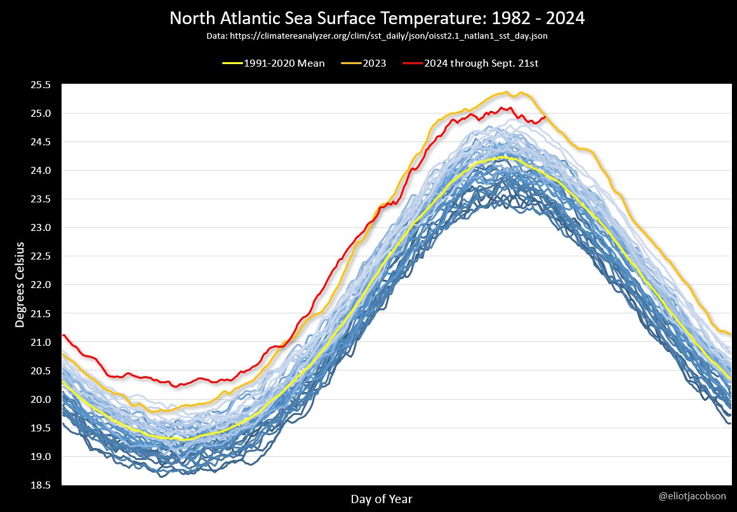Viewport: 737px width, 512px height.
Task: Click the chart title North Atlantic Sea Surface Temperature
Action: tap(376, 19)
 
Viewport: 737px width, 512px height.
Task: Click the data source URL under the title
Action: tap(376, 37)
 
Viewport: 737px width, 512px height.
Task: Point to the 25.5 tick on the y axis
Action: tap(39, 84)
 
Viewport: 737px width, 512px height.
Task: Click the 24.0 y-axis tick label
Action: tap(39, 171)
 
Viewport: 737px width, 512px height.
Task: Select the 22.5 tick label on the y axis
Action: tap(39, 256)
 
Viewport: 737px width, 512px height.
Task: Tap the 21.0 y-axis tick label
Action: tap(39, 343)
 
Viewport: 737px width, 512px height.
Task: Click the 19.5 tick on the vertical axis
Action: tap(39, 428)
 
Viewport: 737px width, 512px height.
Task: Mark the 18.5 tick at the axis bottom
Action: tap(39, 485)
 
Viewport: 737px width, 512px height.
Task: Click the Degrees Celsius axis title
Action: tap(20, 284)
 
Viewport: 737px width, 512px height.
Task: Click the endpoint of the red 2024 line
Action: tap(545, 117)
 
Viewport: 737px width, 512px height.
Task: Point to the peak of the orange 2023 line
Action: tap(507, 92)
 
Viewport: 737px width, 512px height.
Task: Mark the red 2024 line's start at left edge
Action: tap(63, 335)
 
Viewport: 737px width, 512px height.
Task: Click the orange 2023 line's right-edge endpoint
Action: tap(731, 334)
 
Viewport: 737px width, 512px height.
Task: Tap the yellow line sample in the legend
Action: tap(232, 63)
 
